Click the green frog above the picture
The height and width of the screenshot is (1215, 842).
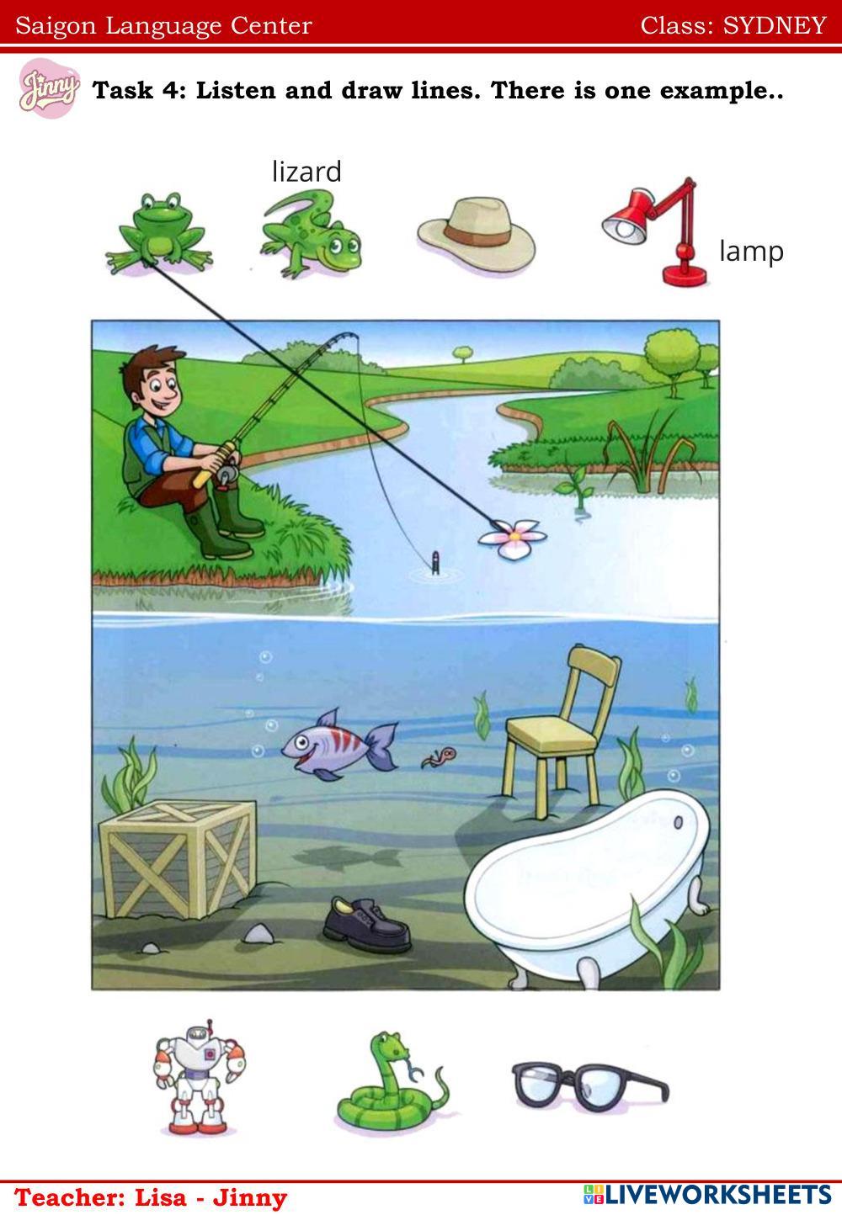pyautogui.click(x=159, y=233)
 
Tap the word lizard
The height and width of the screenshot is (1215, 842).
pyautogui.click(x=306, y=172)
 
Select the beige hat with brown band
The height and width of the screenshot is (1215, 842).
pyautogui.click(x=476, y=234)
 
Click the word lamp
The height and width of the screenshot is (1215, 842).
pyautogui.click(x=751, y=252)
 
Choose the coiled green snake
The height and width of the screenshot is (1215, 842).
pyautogui.click(x=392, y=1083)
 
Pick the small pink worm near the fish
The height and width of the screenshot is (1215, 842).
pyautogui.click(x=440, y=756)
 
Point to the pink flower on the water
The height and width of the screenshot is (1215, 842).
pyautogui.click(x=512, y=538)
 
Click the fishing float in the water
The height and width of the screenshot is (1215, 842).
pyautogui.click(x=434, y=562)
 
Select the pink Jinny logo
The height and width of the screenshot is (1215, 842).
pyautogui.click(x=50, y=88)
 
